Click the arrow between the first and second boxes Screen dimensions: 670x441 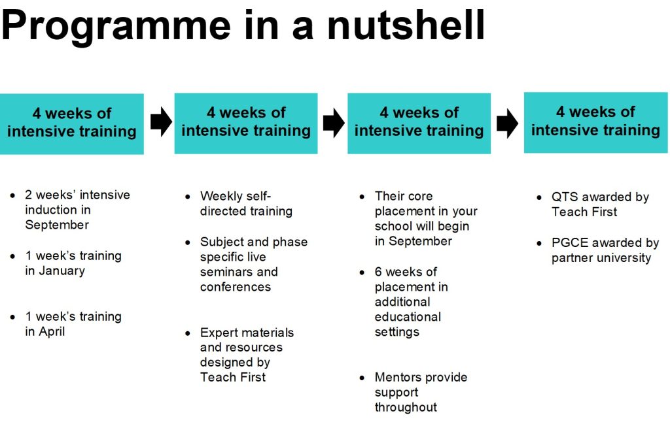161,122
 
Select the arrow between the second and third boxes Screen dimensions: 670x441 334,123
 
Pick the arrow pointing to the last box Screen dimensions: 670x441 507,123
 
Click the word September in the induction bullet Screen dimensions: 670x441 57,225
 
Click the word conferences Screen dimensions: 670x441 236,287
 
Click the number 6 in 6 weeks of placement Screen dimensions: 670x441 378,272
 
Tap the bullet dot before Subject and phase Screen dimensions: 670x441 188,242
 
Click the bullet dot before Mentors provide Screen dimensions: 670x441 362,378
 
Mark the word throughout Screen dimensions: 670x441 406,407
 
